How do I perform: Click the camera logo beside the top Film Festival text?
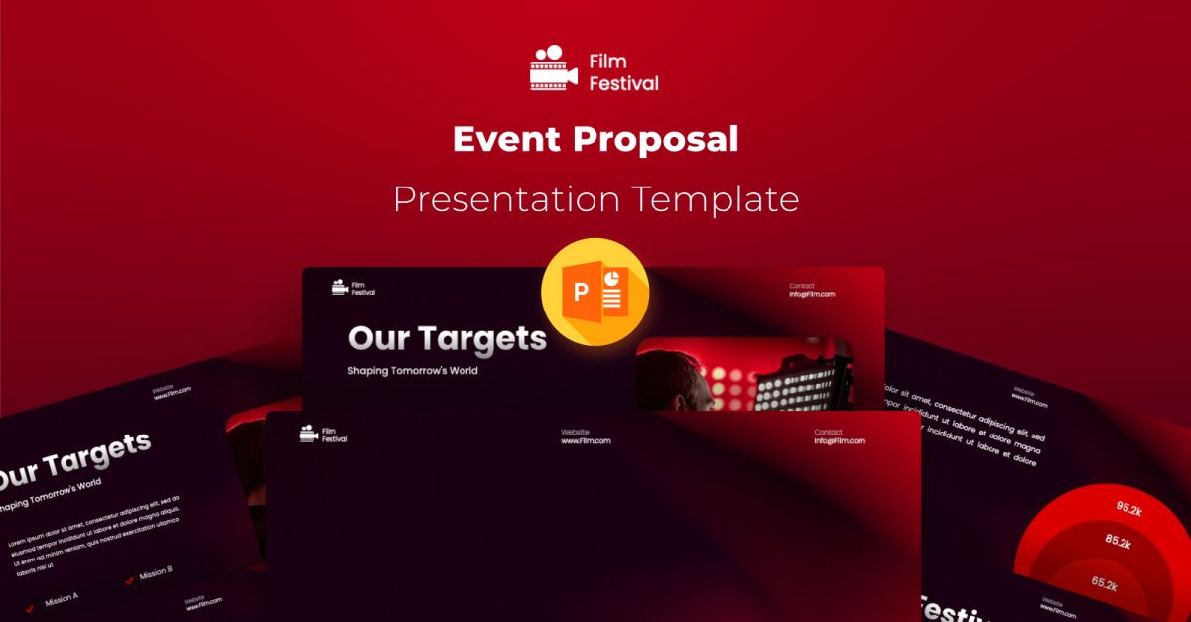[x=553, y=68]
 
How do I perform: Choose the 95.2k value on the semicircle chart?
[x=1129, y=508]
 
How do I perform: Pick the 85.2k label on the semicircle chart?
[x=1118, y=543]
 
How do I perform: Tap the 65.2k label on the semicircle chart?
[x=1105, y=583]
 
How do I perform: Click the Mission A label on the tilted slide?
[x=62, y=598]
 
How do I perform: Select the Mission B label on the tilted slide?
[x=156, y=573]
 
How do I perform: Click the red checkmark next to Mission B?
[x=130, y=580]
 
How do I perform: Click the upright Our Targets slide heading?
[x=447, y=339]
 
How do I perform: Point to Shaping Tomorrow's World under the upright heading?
[x=412, y=371]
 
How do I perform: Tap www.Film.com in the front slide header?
[x=586, y=441]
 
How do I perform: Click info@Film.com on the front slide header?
[x=840, y=441]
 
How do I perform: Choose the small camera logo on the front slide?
[x=308, y=433]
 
